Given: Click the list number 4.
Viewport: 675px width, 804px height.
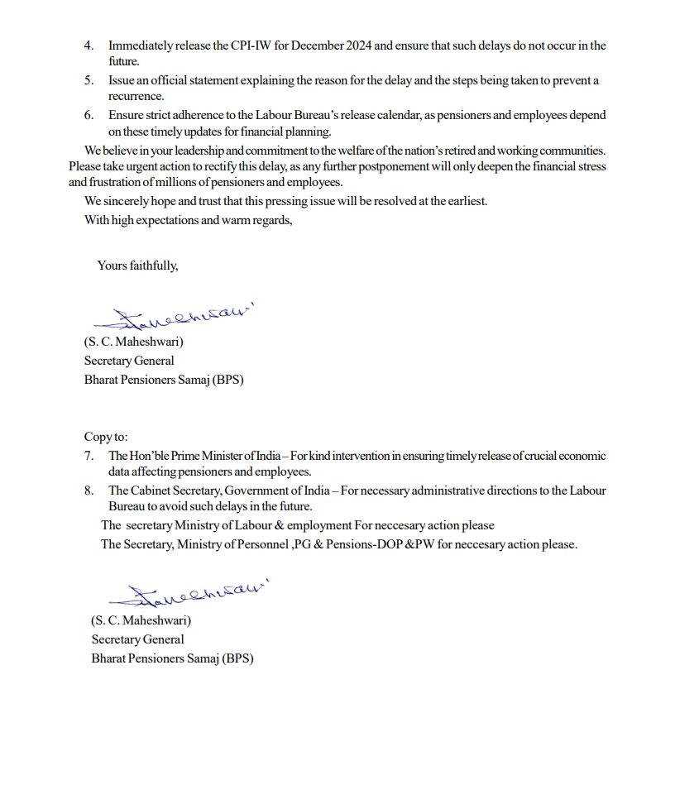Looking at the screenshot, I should pyautogui.click(x=89, y=45).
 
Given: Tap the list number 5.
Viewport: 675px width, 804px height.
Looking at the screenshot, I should pyautogui.click(x=89, y=81).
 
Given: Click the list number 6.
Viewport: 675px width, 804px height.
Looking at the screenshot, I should pyautogui.click(x=89, y=116).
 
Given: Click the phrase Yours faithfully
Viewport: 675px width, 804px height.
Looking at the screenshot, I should pyautogui.click(x=137, y=266).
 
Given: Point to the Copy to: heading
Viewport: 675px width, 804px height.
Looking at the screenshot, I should pyautogui.click(x=106, y=437).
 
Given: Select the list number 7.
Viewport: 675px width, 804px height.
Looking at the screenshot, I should pyautogui.click(x=89, y=456).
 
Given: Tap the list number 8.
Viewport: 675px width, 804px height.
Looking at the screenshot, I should pyautogui.click(x=89, y=491).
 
